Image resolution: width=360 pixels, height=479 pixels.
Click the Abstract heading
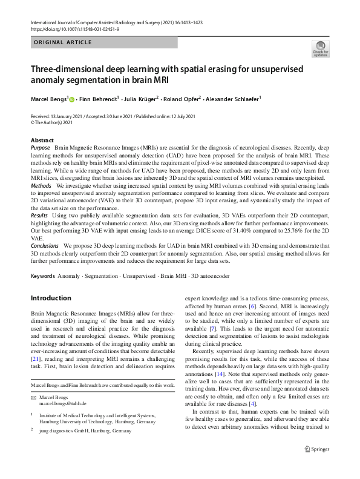coord(42,140)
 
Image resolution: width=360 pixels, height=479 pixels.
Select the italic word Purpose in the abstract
coord(40,148)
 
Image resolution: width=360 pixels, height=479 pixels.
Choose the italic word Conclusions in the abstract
coord(45,245)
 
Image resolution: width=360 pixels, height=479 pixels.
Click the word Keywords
coord(42,276)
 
